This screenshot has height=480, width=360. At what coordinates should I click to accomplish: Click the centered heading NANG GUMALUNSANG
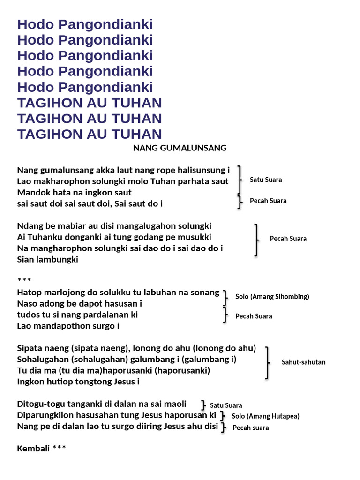[180, 148]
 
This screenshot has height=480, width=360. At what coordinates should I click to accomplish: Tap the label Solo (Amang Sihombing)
[272, 297]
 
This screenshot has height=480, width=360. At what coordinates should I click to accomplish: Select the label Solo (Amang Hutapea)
[265, 416]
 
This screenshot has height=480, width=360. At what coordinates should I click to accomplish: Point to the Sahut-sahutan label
[303, 362]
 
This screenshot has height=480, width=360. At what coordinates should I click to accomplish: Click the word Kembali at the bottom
[33, 449]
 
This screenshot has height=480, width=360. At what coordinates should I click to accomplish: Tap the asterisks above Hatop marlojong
[24, 281]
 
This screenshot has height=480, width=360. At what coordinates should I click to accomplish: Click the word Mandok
[32, 193]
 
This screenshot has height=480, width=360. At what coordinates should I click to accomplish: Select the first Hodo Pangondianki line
[85, 24]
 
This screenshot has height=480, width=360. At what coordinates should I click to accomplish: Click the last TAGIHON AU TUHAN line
[90, 134]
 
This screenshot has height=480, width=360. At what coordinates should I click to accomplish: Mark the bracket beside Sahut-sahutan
[267, 362]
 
